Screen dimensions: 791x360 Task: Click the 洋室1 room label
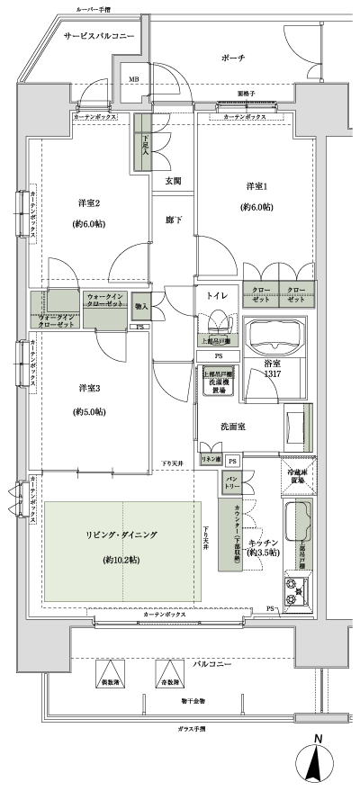click(257, 186)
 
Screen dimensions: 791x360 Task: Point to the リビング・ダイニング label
click(121, 535)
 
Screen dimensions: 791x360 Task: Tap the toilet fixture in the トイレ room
click(217, 321)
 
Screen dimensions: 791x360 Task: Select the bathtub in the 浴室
click(276, 340)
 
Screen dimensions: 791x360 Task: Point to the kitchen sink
click(298, 523)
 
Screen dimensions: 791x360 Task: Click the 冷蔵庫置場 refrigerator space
click(297, 476)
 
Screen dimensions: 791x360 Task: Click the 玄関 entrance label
click(173, 181)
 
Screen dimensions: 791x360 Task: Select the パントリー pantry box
click(230, 482)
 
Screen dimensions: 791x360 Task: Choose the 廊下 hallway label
click(173, 219)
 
